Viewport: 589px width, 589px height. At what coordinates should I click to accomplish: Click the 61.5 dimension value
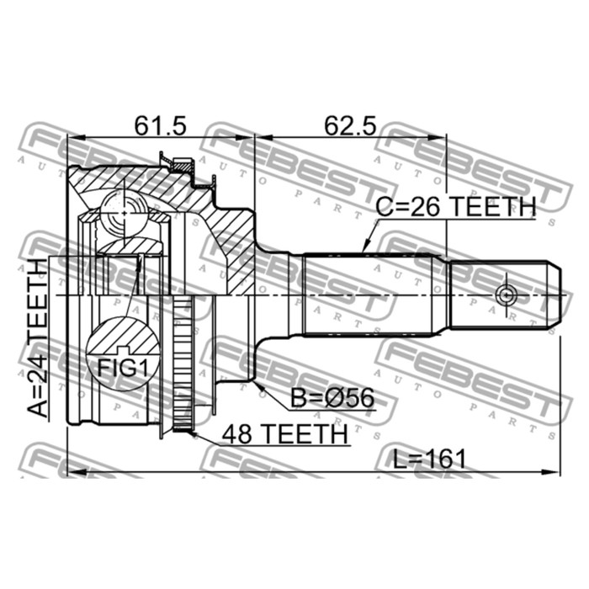coord(161,125)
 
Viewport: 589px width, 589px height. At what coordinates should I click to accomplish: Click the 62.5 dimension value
coord(350,125)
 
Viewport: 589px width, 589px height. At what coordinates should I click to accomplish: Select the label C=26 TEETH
coord(456,207)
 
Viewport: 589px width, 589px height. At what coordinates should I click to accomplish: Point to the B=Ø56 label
coord(333,398)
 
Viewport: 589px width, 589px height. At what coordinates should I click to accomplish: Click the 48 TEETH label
coord(284,434)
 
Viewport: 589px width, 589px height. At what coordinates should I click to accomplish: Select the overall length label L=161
coord(429,459)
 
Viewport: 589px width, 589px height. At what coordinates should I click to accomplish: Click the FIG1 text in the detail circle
coord(123,369)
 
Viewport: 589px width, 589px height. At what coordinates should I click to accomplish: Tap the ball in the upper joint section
coord(124,213)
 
